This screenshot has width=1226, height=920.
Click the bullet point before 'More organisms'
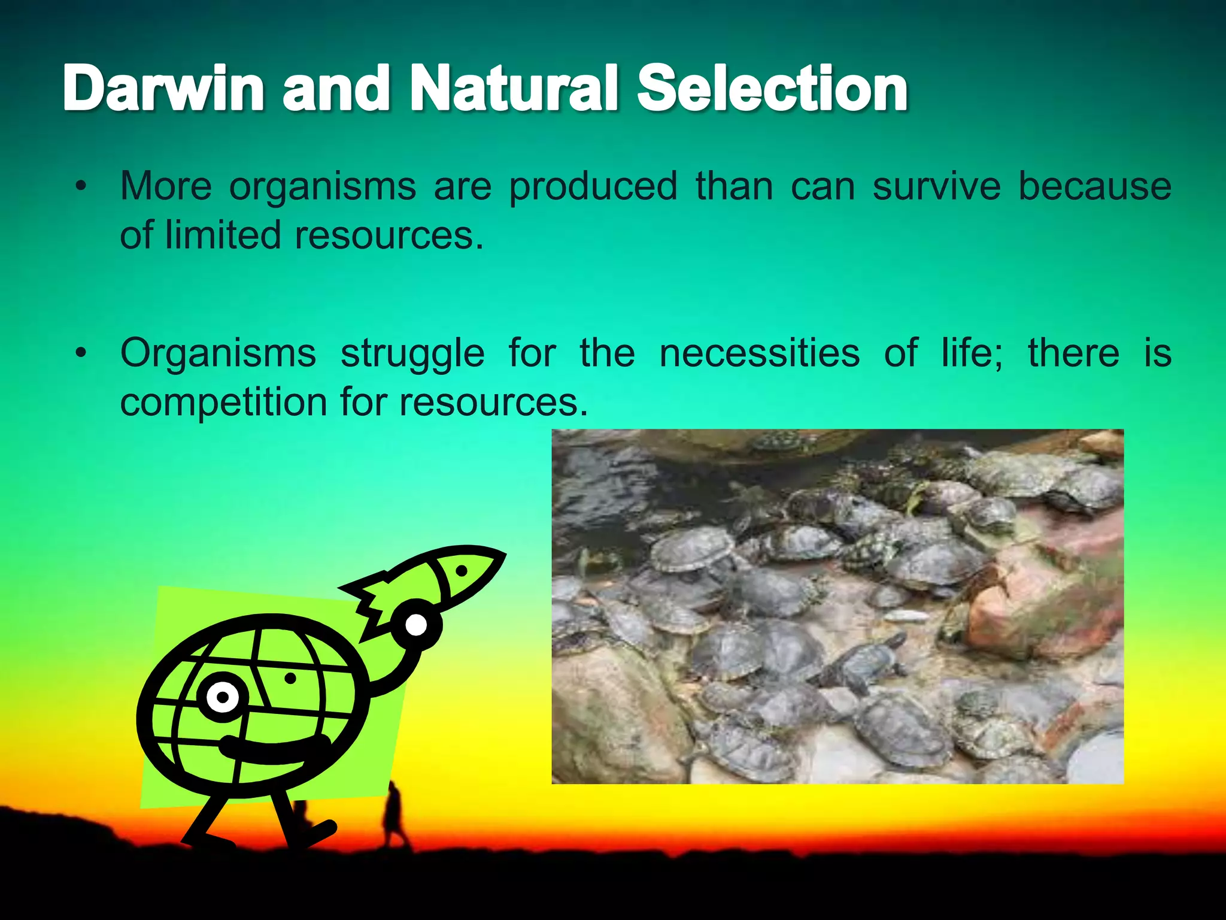click(81, 186)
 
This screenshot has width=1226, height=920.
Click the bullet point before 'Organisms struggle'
click(81, 353)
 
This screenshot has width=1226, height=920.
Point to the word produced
click(593, 187)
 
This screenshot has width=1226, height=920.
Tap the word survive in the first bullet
click(936, 186)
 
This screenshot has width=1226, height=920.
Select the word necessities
click(759, 353)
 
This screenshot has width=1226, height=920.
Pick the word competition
click(223, 402)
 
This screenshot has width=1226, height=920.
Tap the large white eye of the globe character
click(223, 697)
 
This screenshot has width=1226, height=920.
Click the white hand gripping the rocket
click(416, 625)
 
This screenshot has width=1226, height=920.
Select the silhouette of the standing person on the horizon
click(395, 815)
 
